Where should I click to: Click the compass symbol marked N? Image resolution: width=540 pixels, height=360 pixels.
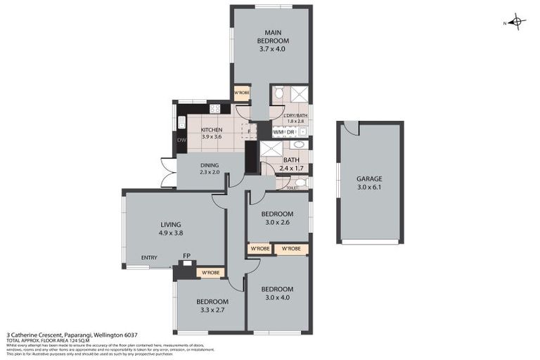click(x=517, y=22)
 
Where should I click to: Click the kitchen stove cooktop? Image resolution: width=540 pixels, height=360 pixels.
click(x=214, y=109)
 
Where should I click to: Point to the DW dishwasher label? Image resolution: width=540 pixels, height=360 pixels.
click(x=182, y=140)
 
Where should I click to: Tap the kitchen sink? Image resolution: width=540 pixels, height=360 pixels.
click(x=181, y=123)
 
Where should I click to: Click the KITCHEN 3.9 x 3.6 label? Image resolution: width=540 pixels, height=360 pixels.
click(x=211, y=134)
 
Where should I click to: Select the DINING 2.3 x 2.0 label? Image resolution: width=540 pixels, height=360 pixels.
click(x=210, y=168)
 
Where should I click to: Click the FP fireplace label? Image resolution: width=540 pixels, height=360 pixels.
click(x=186, y=256)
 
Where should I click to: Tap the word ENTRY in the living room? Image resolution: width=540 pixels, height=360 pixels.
click(x=149, y=257)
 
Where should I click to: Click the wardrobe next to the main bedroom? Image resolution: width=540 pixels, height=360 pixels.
click(x=241, y=94)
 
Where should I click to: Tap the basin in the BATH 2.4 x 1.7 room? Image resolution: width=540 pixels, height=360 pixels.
click(x=297, y=146)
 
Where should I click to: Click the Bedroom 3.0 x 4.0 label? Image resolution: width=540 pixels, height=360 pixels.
click(x=277, y=293)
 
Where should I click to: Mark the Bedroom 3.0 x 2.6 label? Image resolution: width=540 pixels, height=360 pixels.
click(x=277, y=218)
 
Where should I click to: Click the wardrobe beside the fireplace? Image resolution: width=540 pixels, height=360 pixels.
click(x=211, y=272)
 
